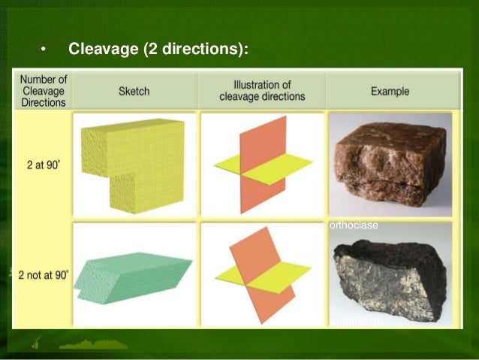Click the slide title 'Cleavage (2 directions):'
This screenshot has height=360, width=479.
(x=158, y=50)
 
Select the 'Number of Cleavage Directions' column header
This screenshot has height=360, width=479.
(x=43, y=91)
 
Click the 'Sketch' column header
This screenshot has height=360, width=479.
(x=134, y=92)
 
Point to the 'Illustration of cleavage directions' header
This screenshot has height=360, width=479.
(x=262, y=91)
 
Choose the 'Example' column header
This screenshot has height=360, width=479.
(x=390, y=92)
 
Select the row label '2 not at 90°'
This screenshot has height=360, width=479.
(x=43, y=274)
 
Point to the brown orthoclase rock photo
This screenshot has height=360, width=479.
(x=389, y=162)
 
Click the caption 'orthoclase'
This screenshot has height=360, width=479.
(x=353, y=225)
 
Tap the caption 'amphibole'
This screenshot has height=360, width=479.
(x=354, y=321)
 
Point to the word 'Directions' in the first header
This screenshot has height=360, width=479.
(x=43, y=102)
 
